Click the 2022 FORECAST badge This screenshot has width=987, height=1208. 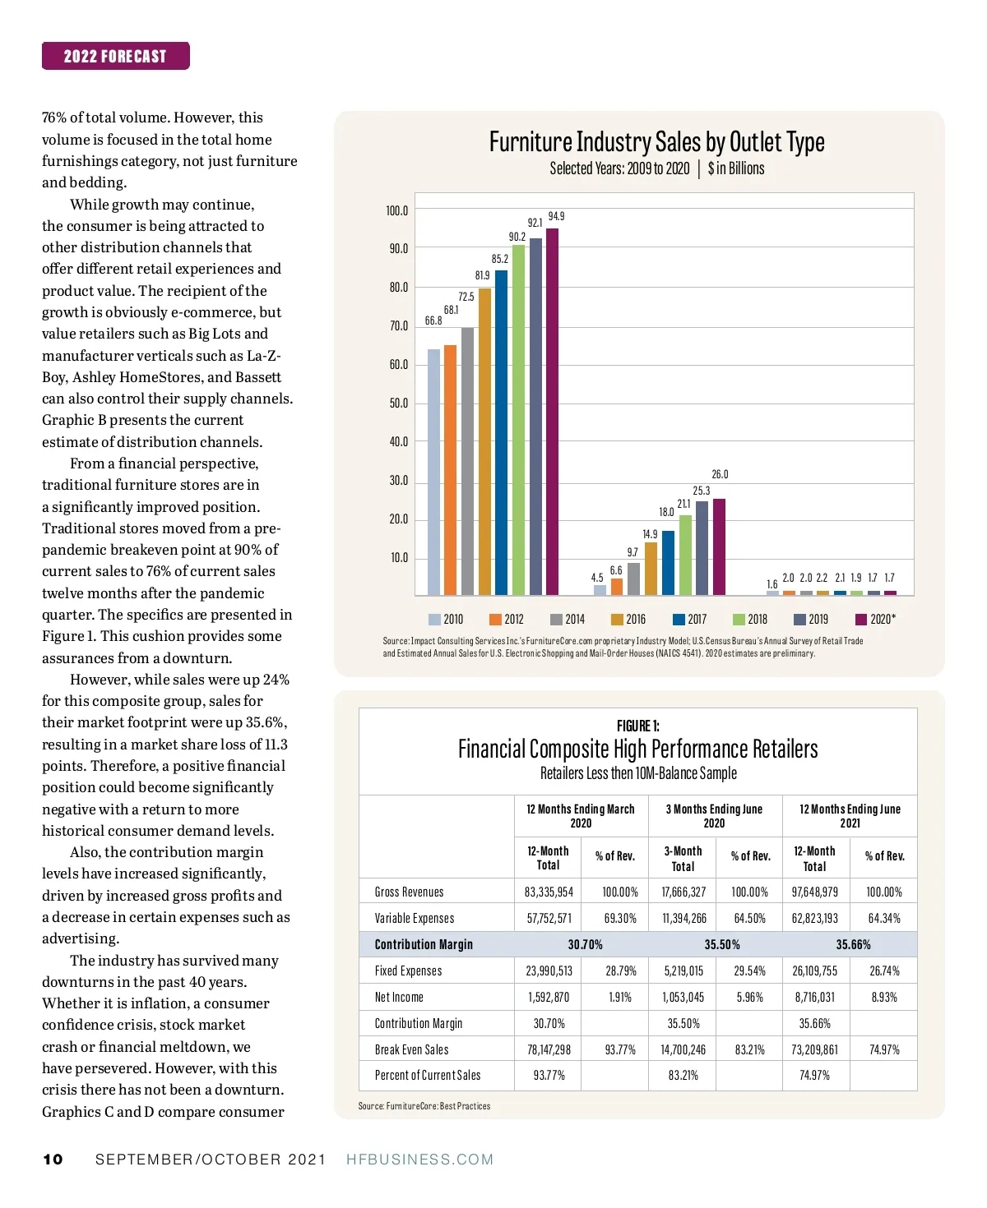click(115, 56)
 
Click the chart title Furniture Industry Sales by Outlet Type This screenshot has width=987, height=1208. click(656, 142)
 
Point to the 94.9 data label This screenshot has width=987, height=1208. click(556, 216)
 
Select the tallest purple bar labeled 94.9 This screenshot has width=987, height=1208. click(552, 411)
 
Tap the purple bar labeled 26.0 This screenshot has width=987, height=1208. click(719, 546)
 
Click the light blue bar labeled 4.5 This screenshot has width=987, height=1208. click(600, 589)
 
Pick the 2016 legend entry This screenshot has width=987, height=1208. click(628, 620)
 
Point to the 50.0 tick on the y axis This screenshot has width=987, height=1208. click(398, 403)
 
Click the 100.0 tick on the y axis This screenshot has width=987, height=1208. click(396, 211)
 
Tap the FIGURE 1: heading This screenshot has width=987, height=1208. click(637, 726)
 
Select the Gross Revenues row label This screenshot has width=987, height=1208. click(409, 892)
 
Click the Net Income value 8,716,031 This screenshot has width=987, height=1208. click(814, 998)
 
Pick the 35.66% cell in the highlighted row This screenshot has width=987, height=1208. click(853, 945)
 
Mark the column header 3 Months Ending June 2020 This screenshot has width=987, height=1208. click(714, 816)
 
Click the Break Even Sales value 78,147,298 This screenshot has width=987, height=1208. click(549, 1050)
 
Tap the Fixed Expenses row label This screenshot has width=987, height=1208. click(408, 971)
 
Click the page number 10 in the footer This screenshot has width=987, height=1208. click(53, 1160)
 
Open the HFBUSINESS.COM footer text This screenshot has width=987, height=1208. click(419, 1160)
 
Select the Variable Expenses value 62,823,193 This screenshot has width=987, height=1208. click(814, 919)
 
